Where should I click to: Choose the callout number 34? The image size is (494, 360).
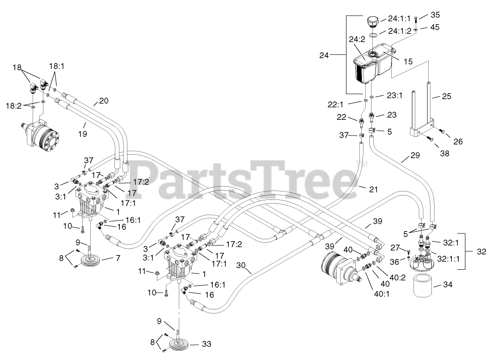point(448,284)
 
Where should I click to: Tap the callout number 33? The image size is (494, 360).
point(206,344)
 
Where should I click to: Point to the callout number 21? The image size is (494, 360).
point(373,190)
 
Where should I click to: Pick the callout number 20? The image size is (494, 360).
point(104,102)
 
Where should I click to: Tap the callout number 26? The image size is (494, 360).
point(458,142)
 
